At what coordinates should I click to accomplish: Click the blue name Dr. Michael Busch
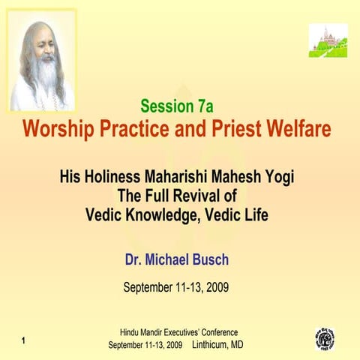pyautogui.click(x=177, y=259)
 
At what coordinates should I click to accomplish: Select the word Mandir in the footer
pyautogui.click(x=163, y=332)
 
